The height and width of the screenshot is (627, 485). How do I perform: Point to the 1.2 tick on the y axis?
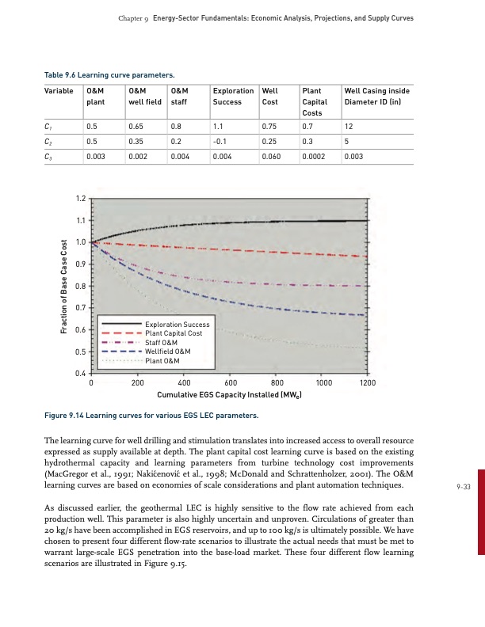80,197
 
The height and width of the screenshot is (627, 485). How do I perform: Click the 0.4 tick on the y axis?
80,373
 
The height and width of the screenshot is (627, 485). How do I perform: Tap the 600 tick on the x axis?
229,382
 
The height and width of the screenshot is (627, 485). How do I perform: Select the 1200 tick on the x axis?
367,382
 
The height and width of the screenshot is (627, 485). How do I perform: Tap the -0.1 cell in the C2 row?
220,141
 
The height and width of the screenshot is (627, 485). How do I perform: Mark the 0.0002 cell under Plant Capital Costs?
315,157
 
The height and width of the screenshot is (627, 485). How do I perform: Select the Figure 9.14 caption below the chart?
150,415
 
